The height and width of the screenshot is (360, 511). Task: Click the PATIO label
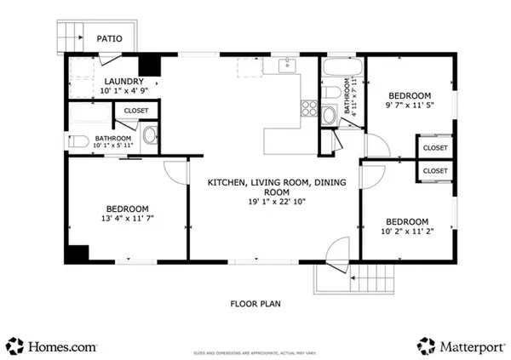[108, 38]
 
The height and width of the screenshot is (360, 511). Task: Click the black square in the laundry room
[151, 67]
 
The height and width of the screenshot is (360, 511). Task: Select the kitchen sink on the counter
[284, 65]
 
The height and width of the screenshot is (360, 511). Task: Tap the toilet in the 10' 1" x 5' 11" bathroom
[75, 140]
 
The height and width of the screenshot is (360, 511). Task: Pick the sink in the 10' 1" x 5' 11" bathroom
[149, 134]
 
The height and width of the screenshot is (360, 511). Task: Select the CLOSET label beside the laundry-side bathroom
[135, 111]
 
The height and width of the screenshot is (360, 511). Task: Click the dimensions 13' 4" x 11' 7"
[128, 219]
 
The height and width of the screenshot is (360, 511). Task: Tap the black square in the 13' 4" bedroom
[78, 254]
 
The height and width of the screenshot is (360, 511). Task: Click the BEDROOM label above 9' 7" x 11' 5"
[410, 95]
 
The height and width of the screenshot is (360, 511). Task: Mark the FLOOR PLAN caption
[255, 303]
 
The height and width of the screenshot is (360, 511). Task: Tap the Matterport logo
[460, 346]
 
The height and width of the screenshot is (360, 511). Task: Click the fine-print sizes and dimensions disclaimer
[255, 351]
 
